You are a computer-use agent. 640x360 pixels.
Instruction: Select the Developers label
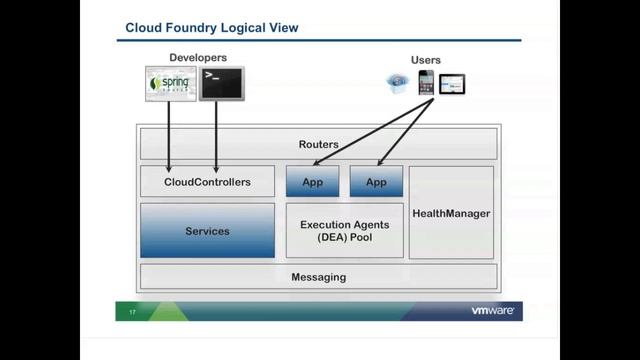click(x=198, y=58)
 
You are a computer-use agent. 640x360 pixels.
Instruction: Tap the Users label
click(x=425, y=60)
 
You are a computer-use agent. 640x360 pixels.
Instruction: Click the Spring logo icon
click(x=171, y=83)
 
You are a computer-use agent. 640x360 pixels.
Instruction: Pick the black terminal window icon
click(x=221, y=83)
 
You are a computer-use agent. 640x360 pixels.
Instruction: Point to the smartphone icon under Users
click(x=426, y=83)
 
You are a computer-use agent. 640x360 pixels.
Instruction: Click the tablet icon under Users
click(x=452, y=85)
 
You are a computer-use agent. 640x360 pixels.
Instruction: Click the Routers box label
click(x=318, y=145)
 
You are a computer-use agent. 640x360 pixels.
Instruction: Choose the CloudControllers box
click(x=207, y=182)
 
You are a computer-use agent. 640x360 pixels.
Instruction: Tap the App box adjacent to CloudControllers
click(x=312, y=182)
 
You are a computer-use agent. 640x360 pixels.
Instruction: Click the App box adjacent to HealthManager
click(x=376, y=182)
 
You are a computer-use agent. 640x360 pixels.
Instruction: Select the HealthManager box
click(x=451, y=213)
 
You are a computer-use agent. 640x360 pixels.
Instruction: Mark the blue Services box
click(x=207, y=231)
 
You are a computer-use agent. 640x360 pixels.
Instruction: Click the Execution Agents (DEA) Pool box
click(x=344, y=231)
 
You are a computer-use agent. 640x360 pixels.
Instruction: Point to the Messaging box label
click(x=318, y=277)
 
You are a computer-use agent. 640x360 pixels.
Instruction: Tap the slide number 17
click(x=132, y=313)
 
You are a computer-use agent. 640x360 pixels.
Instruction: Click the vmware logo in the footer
click(x=492, y=311)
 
